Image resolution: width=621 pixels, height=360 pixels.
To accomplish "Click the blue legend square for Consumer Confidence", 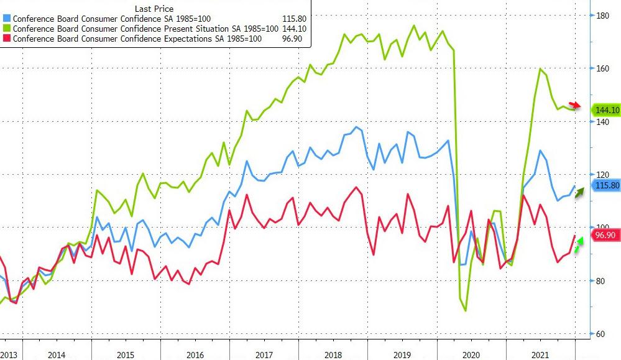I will [x=7, y=19].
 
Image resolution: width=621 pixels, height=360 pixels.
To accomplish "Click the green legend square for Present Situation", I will [x=7, y=29].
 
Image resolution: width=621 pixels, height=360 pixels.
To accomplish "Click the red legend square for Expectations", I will [x=7, y=39].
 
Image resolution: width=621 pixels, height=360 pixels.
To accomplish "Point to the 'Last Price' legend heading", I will [x=154, y=9].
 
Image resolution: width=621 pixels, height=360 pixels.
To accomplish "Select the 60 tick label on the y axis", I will [x=600, y=334].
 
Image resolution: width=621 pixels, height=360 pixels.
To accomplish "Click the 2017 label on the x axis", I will [x=264, y=354].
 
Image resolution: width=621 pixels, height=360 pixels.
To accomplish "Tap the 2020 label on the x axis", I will [x=471, y=354].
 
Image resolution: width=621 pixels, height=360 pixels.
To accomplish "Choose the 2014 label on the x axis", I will [x=57, y=354].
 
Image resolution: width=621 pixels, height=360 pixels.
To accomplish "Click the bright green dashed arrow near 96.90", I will [x=577, y=245].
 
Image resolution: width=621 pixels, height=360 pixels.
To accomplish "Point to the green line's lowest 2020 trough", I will [x=466, y=310].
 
